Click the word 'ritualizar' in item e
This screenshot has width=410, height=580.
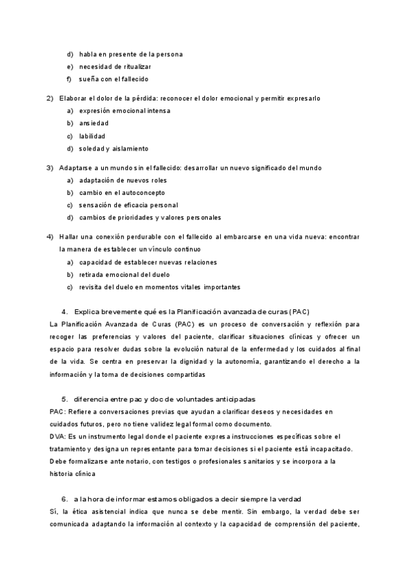coord(137,66)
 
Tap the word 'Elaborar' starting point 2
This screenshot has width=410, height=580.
coord(73,98)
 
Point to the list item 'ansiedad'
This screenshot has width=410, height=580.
coord(94,123)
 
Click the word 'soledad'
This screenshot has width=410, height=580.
coord(92,148)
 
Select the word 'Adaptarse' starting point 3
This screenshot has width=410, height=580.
coord(76,168)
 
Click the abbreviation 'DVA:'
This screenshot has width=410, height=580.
coord(59,436)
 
